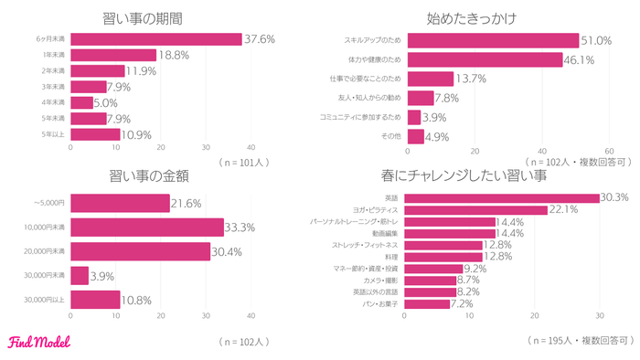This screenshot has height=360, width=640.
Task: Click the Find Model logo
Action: [39, 343]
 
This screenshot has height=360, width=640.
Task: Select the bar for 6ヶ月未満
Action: [155, 39]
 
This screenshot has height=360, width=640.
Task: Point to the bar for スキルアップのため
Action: [493, 40]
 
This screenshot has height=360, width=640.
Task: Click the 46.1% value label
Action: [581, 59]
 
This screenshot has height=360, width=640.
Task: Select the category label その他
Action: [390, 136]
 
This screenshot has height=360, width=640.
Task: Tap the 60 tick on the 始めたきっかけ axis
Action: [610, 152]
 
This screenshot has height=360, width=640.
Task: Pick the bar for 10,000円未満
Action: [146, 227]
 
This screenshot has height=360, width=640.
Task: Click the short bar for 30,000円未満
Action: [80, 275]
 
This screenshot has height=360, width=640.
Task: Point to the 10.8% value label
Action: [138, 299]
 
